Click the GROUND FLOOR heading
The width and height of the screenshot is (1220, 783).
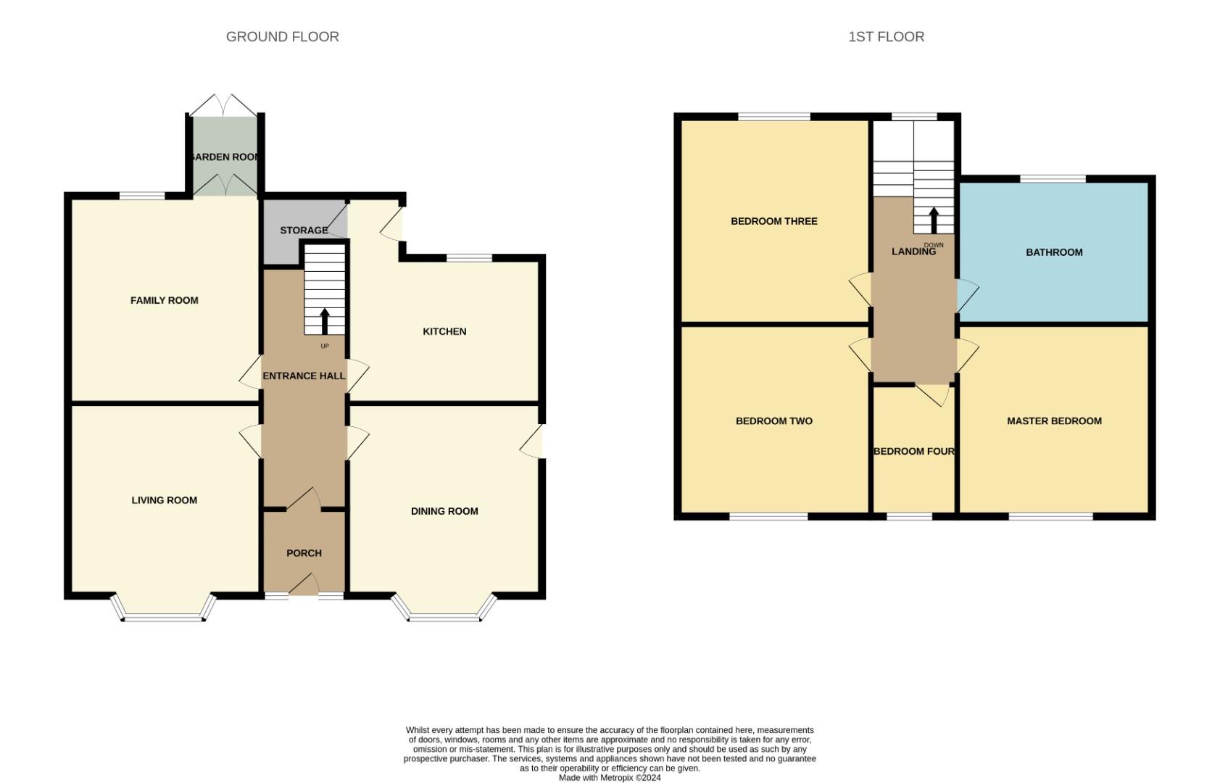[x=282, y=37]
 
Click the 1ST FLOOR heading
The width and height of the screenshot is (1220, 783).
[x=886, y=37]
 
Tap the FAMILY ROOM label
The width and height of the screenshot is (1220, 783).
[x=164, y=300]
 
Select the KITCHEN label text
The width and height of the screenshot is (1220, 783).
[x=444, y=331]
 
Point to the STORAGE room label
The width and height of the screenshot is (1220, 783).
[x=304, y=231]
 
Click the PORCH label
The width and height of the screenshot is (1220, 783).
[x=304, y=553]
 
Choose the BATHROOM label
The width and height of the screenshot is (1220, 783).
[x=1054, y=252]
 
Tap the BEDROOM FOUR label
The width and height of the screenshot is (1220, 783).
[x=913, y=451]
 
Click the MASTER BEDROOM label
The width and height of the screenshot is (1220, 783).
[x=1054, y=420]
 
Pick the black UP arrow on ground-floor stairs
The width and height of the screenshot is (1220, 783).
[x=325, y=321]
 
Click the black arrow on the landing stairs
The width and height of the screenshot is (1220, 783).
[x=934, y=220]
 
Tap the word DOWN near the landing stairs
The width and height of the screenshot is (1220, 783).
[x=934, y=245]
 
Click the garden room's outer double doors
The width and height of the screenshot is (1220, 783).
[x=225, y=104]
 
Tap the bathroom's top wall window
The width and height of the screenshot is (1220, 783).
[x=1053, y=178]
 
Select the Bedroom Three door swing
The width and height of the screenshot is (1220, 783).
[x=860, y=290]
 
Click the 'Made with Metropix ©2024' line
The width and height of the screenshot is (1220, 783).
[x=610, y=778]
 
